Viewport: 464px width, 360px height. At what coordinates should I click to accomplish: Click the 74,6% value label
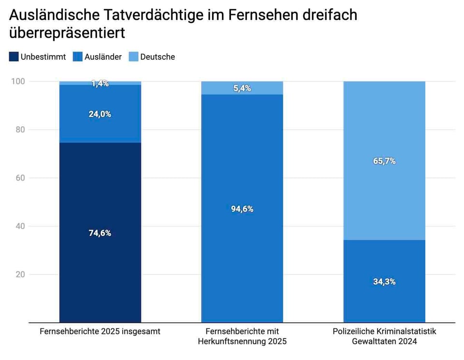pyautogui.click(x=100, y=233)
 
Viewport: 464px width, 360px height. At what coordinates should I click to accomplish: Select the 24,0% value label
pyautogui.click(x=100, y=115)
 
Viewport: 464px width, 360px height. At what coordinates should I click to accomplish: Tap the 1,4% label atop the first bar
pyautogui.click(x=100, y=84)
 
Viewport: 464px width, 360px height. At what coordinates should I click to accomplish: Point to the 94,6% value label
pyautogui.click(x=242, y=209)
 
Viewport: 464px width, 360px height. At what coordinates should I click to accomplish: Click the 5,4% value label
pyautogui.click(x=242, y=88)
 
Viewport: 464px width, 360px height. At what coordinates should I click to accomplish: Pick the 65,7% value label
pyautogui.click(x=384, y=161)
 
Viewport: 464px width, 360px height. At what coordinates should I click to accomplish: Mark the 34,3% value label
pyautogui.click(x=384, y=281)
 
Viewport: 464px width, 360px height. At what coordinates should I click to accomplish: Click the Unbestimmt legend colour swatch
pyautogui.click(x=14, y=57)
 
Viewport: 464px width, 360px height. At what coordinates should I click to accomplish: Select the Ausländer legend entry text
pyautogui.click(x=103, y=57)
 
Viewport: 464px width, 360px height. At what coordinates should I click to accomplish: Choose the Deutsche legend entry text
pyautogui.click(x=158, y=57)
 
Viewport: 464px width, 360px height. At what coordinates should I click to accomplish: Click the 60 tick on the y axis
pyautogui.click(x=19, y=178)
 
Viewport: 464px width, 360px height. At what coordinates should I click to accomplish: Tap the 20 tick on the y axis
pyautogui.click(x=19, y=274)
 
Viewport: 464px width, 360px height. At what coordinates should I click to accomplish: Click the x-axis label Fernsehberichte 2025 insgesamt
pyautogui.click(x=100, y=331)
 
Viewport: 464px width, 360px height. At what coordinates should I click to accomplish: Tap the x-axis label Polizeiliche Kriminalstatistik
pyautogui.click(x=384, y=331)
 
